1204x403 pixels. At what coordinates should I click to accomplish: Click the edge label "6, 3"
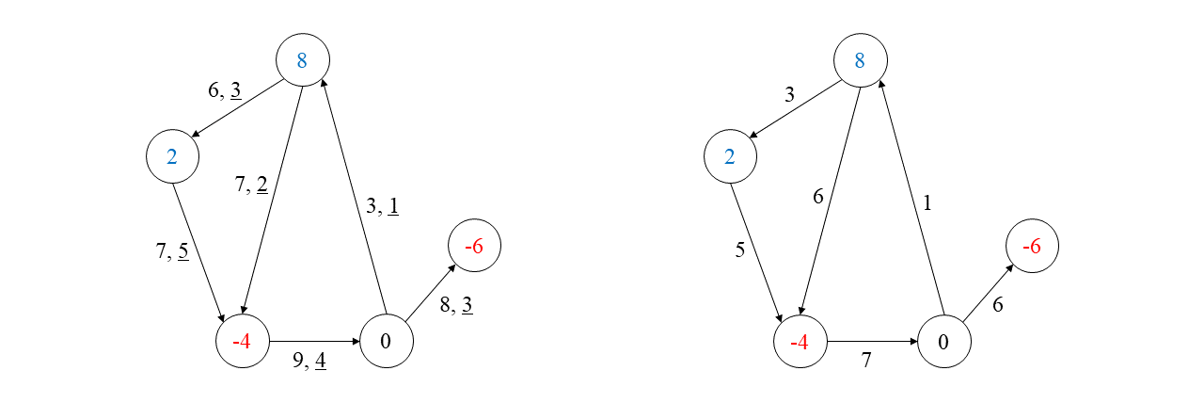point(224,91)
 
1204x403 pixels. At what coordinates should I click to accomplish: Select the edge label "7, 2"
point(250,185)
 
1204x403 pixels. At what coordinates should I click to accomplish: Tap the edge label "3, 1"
point(382,205)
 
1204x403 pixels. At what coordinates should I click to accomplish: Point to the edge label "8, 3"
point(455,305)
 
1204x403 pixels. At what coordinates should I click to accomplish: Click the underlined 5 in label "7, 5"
point(182,251)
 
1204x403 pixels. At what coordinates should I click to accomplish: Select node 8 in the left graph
point(302,61)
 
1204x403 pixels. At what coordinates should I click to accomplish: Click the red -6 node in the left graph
point(474,247)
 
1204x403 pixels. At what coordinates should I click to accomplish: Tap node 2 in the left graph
point(172,156)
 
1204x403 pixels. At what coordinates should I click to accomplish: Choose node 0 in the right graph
point(943,341)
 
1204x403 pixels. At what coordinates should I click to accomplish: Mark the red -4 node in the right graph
point(800,341)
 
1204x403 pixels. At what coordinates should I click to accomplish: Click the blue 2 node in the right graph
point(730,156)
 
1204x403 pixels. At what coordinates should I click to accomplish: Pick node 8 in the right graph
point(860,61)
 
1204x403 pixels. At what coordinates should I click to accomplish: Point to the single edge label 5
point(739,251)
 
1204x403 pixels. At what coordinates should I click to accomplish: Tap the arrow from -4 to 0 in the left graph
point(315,341)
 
